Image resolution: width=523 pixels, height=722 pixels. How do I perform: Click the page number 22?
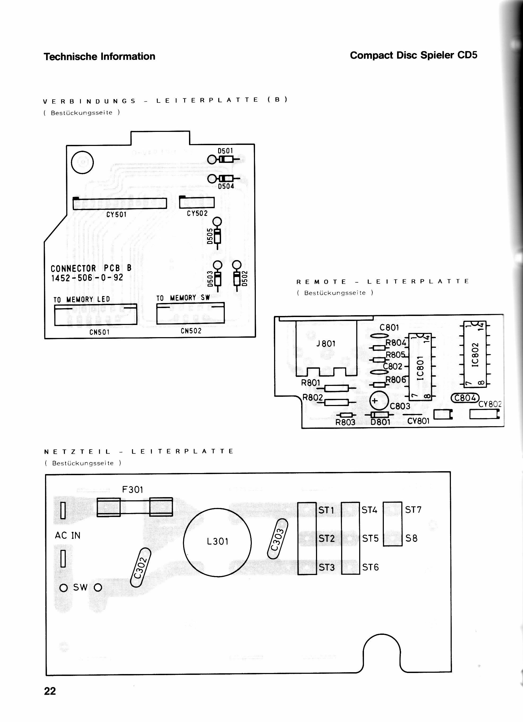tap(50, 691)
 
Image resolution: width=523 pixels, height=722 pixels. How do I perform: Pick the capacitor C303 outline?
tap(278, 539)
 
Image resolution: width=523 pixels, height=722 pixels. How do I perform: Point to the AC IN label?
tap(68, 536)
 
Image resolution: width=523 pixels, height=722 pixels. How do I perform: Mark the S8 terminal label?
tap(411, 538)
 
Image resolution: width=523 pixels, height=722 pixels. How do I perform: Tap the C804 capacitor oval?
tap(465, 398)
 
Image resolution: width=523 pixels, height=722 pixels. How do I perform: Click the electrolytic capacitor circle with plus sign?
tap(379, 401)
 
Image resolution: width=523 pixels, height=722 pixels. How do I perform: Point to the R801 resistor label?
tap(311, 382)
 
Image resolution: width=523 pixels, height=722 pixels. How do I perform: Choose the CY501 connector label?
tap(116, 215)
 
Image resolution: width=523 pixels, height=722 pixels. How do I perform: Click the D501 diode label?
tap(225, 151)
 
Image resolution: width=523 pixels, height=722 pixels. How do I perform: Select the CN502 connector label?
tap(191, 331)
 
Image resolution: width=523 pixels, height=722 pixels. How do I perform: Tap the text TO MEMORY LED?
tap(82, 300)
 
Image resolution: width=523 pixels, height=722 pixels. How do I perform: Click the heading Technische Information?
tap(99, 57)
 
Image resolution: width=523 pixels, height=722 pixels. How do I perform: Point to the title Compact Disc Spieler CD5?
tap(414, 55)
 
